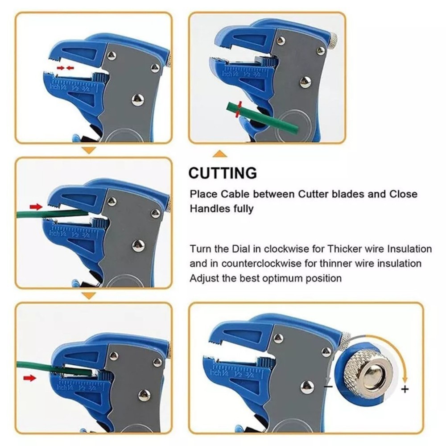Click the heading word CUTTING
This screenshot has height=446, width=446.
tap(223, 173)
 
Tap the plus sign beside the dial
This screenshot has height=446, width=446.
tap(405, 389)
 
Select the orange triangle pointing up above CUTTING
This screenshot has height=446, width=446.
tap(219, 154)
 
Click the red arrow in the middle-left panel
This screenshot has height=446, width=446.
tap(34, 206)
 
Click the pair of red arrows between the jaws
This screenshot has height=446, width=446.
tap(65, 68)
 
